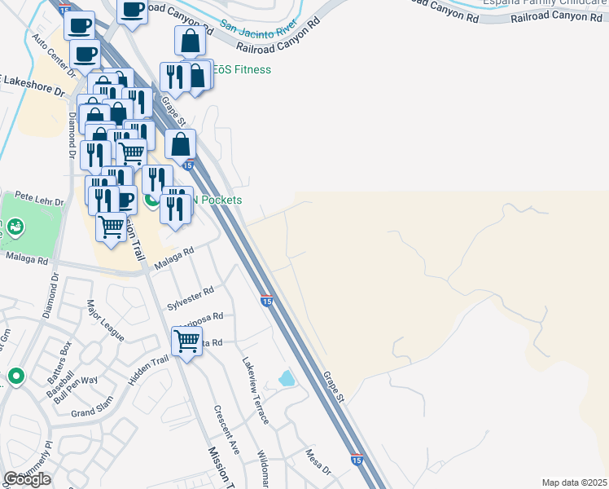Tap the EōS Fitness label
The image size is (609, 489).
(x=242, y=70)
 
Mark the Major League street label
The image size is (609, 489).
(x=105, y=320)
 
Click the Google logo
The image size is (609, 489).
(x=27, y=479)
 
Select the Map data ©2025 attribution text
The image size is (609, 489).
(x=574, y=482)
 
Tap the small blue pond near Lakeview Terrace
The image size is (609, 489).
(x=287, y=378)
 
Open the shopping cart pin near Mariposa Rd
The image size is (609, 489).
(x=187, y=341)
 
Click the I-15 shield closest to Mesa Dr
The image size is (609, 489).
(x=356, y=460)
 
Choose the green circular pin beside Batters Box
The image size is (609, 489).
(x=15, y=377)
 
